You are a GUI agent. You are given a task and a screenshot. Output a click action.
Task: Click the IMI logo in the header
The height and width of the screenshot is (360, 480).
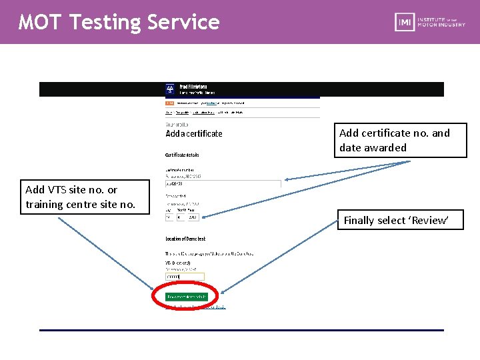point(404,21)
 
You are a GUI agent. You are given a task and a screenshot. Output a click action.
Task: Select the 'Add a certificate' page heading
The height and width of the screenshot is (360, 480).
point(194,133)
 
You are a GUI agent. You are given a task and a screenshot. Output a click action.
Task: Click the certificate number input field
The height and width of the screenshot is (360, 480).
point(223,184)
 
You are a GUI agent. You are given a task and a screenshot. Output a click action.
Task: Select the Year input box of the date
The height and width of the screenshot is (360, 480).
point(193,217)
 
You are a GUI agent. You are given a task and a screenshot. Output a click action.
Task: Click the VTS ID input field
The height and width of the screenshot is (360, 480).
point(185,276)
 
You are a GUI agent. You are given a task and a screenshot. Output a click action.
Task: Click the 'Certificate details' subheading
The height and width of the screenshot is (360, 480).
point(182,155)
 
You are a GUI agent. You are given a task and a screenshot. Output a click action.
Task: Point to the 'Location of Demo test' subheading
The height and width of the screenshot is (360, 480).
point(185,239)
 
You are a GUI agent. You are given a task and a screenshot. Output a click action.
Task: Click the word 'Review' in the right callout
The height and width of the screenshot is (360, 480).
point(431,221)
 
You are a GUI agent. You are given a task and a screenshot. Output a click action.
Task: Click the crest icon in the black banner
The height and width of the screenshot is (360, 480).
point(171,89)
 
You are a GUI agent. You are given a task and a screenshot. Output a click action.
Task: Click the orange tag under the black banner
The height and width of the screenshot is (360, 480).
point(169,103)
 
